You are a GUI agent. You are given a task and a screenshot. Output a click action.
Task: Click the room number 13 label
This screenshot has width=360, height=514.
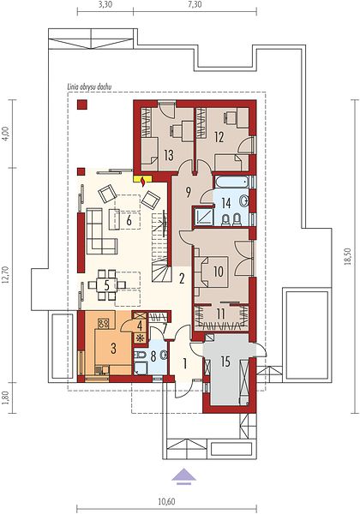coord(169,155)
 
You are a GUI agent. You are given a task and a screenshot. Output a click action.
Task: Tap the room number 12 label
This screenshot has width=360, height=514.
coord(219,137)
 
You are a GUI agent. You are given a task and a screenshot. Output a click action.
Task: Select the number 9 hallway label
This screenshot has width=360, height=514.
coord(188,193)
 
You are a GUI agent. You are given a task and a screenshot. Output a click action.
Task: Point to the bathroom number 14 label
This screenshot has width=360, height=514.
coord(226,203)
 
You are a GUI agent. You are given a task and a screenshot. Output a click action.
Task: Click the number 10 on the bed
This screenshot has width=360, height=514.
coord(219,271)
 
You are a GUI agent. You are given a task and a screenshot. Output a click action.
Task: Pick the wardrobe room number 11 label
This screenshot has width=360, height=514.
coord(221,314)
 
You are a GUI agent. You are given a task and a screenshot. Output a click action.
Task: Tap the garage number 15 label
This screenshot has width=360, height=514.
coord(225,362)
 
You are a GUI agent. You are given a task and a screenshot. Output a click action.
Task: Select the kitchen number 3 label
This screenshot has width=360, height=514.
coord(113,349)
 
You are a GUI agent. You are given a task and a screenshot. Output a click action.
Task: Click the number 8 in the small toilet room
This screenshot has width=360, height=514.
coord(153,356)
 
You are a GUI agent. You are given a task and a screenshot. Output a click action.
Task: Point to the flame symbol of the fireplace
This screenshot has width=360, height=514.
coord(143,182)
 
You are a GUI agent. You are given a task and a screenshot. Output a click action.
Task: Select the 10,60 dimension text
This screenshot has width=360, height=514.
coord(166,501)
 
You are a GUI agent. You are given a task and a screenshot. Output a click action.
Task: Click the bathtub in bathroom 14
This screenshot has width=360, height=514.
coord(232,182)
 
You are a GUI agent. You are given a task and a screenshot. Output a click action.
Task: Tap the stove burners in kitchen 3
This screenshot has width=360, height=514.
coord(103,324)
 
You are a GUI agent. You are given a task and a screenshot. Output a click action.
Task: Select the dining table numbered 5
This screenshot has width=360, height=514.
coord(106,285)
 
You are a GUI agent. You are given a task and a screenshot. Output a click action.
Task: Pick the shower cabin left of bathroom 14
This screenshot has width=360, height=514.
coord(203,217)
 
